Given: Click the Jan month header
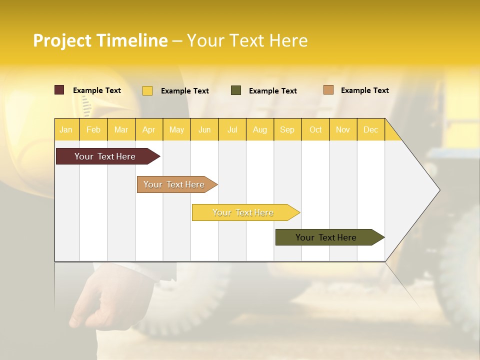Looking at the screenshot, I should tap(66, 129).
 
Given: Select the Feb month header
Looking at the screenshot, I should tap(93, 129).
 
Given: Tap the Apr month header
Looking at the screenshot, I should tap(148, 129).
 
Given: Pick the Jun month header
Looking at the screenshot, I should tap(204, 129).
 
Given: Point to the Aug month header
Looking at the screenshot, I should tap(259, 129).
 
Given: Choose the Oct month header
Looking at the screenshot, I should tap(315, 129).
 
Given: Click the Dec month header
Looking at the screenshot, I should tap(370, 129).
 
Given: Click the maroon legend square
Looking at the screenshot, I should tap(59, 90).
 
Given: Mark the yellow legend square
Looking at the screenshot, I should tap(147, 90).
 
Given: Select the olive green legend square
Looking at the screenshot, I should tap(236, 90).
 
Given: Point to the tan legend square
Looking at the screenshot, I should tap(328, 90).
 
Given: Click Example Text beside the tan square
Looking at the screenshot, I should tap(364, 90).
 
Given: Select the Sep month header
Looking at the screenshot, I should tap(287, 129).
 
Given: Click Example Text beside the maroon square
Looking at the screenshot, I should tap(97, 90).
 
